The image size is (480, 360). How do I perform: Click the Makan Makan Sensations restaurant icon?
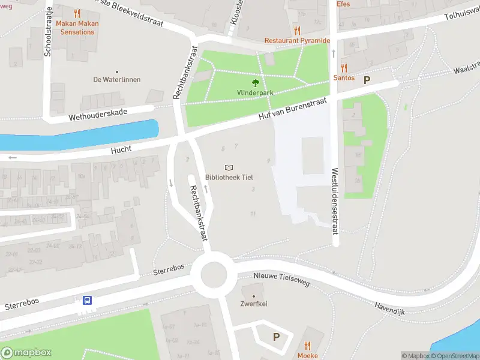pos(76,13)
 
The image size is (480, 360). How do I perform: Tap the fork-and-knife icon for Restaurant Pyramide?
pos(297,31)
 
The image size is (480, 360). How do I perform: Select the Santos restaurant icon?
pos(344,68)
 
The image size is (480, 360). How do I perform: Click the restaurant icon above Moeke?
pos(307,346)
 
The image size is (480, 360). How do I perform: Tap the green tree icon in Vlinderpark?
pos(256,83)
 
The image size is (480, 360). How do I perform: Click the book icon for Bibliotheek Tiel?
pos(229,168)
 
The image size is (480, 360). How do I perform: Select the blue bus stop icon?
pos(87,301)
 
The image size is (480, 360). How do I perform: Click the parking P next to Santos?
pos(367,79)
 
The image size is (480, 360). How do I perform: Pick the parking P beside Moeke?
pos(276,337)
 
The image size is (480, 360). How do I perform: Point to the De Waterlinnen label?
pos(116,79)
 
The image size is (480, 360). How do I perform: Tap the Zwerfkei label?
pos(254,304)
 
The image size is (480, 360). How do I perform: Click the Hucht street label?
pos(121,151)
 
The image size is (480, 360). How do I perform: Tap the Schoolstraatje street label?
pos(48,33)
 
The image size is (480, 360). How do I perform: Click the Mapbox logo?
pos(26,353)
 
